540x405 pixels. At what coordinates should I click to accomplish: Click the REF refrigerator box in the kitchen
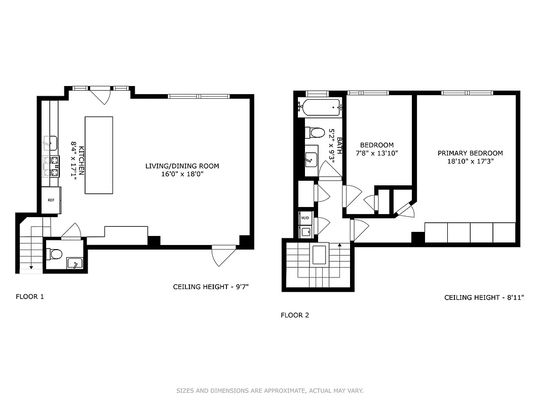51,200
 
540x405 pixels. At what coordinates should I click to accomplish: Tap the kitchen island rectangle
99,155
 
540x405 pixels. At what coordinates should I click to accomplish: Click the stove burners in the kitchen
51,167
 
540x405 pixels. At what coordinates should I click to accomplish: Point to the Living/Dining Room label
182,166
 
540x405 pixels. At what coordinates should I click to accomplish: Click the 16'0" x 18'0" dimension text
182,174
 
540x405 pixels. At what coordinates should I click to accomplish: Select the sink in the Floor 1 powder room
74,263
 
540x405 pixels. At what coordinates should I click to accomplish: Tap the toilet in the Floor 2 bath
315,133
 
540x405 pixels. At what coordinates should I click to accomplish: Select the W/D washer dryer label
305,218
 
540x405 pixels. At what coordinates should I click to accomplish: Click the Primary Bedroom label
470,153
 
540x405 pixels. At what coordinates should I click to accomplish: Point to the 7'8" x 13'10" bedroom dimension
376,153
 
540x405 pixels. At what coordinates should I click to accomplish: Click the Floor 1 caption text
30,297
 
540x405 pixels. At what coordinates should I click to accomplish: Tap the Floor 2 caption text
295,315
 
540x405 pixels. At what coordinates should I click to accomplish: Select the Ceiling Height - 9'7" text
211,287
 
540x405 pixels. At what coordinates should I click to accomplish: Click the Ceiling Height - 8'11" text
484,298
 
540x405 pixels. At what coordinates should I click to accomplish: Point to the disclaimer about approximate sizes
269,391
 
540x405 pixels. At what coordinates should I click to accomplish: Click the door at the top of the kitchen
100,95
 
